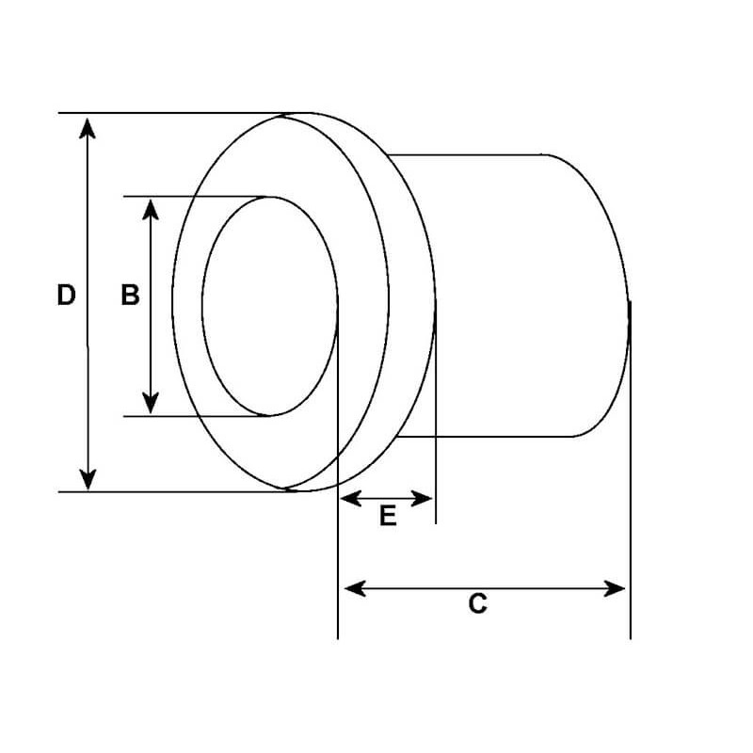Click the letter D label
click(65, 295)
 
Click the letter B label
click(130, 296)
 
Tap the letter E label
click(388, 516)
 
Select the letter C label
click(478, 604)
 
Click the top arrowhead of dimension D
click(88, 126)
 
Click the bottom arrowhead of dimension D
click(88, 479)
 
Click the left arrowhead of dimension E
click(349, 497)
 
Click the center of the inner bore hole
click(269, 306)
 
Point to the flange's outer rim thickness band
click(410, 301)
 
